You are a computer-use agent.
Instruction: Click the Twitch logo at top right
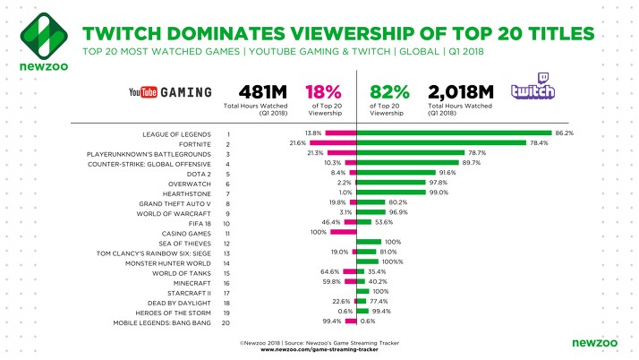534,92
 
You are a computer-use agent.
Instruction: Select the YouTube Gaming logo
171,92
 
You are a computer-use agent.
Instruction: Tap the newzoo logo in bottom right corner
593,342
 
